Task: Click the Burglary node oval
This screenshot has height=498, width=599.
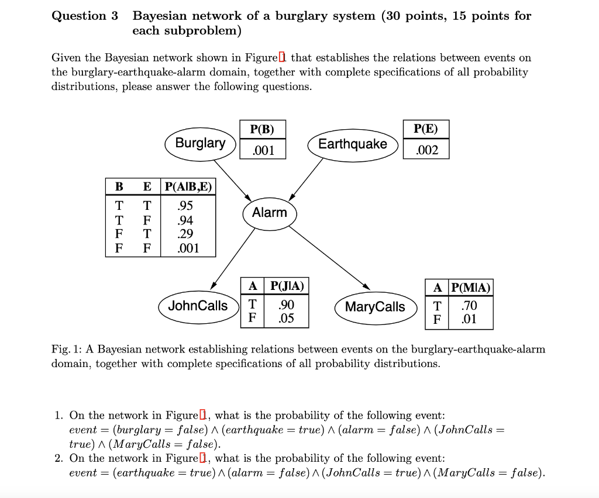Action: tap(200, 143)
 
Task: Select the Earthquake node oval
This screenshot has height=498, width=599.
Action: tap(352, 144)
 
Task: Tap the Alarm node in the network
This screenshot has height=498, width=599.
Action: tap(270, 213)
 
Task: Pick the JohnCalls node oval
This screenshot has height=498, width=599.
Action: tap(198, 305)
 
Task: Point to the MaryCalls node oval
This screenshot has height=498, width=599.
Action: tap(374, 307)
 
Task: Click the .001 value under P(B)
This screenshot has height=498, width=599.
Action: tap(263, 150)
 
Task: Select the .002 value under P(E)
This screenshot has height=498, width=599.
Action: tap(426, 150)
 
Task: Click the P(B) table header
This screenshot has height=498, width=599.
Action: tap(262, 129)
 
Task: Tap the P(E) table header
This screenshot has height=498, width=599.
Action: tap(426, 129)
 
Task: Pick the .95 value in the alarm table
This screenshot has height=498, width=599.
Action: tap(185, 206)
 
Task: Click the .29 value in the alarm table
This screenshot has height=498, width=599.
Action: tap(185, 234)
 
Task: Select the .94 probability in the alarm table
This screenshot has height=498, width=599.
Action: tap(185, 220)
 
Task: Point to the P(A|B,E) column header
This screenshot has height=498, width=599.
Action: tap(188, 187)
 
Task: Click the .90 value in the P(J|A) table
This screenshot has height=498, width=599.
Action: tap(286, 305)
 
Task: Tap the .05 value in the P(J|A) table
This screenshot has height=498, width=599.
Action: tap(286, 319)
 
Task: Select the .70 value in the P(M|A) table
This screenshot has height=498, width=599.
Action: tap(469, 305)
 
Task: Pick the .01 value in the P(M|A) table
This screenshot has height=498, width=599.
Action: tap(469, 319)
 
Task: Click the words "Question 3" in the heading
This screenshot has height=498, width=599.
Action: tap(85, 16)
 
